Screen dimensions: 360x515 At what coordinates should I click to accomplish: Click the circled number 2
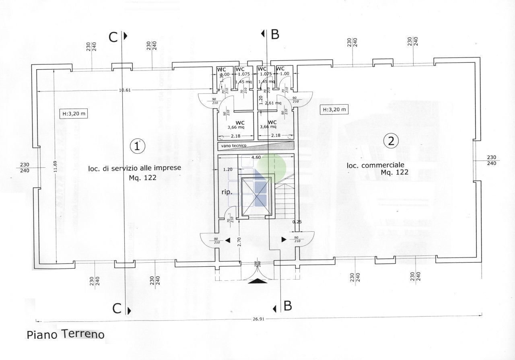coord(391,141)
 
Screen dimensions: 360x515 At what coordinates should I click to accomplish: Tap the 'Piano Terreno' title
coord(66,334)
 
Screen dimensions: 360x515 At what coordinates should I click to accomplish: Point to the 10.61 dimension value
coord(124,90)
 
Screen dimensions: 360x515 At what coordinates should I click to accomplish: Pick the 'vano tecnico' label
coord(234,146)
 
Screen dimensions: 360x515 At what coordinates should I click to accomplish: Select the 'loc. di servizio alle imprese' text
coord(134,168)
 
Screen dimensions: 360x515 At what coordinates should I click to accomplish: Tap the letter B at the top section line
coord(275,35)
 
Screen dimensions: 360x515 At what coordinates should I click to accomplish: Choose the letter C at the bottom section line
coord(117,309)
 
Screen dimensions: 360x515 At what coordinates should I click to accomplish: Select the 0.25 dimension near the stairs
coord(297,222)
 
